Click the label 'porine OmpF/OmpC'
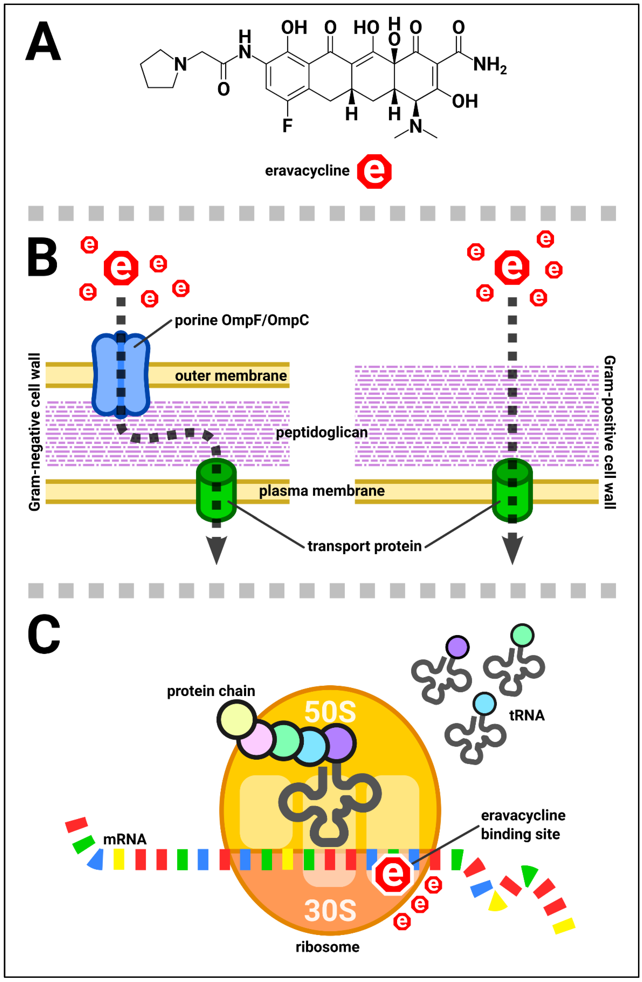click(x=242, y=320)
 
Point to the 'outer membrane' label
click(x=231, y=376)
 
